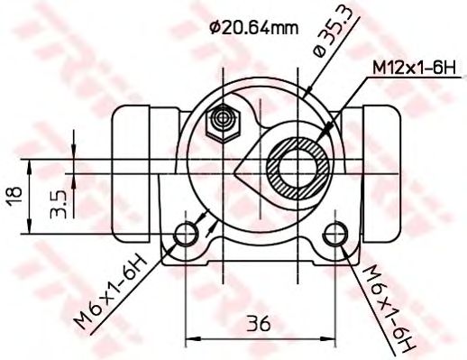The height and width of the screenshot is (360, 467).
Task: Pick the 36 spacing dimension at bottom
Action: pyautogui.click(x=259, y=322)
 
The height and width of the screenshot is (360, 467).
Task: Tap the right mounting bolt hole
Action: pyautogui.click(x=336, y=233)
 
